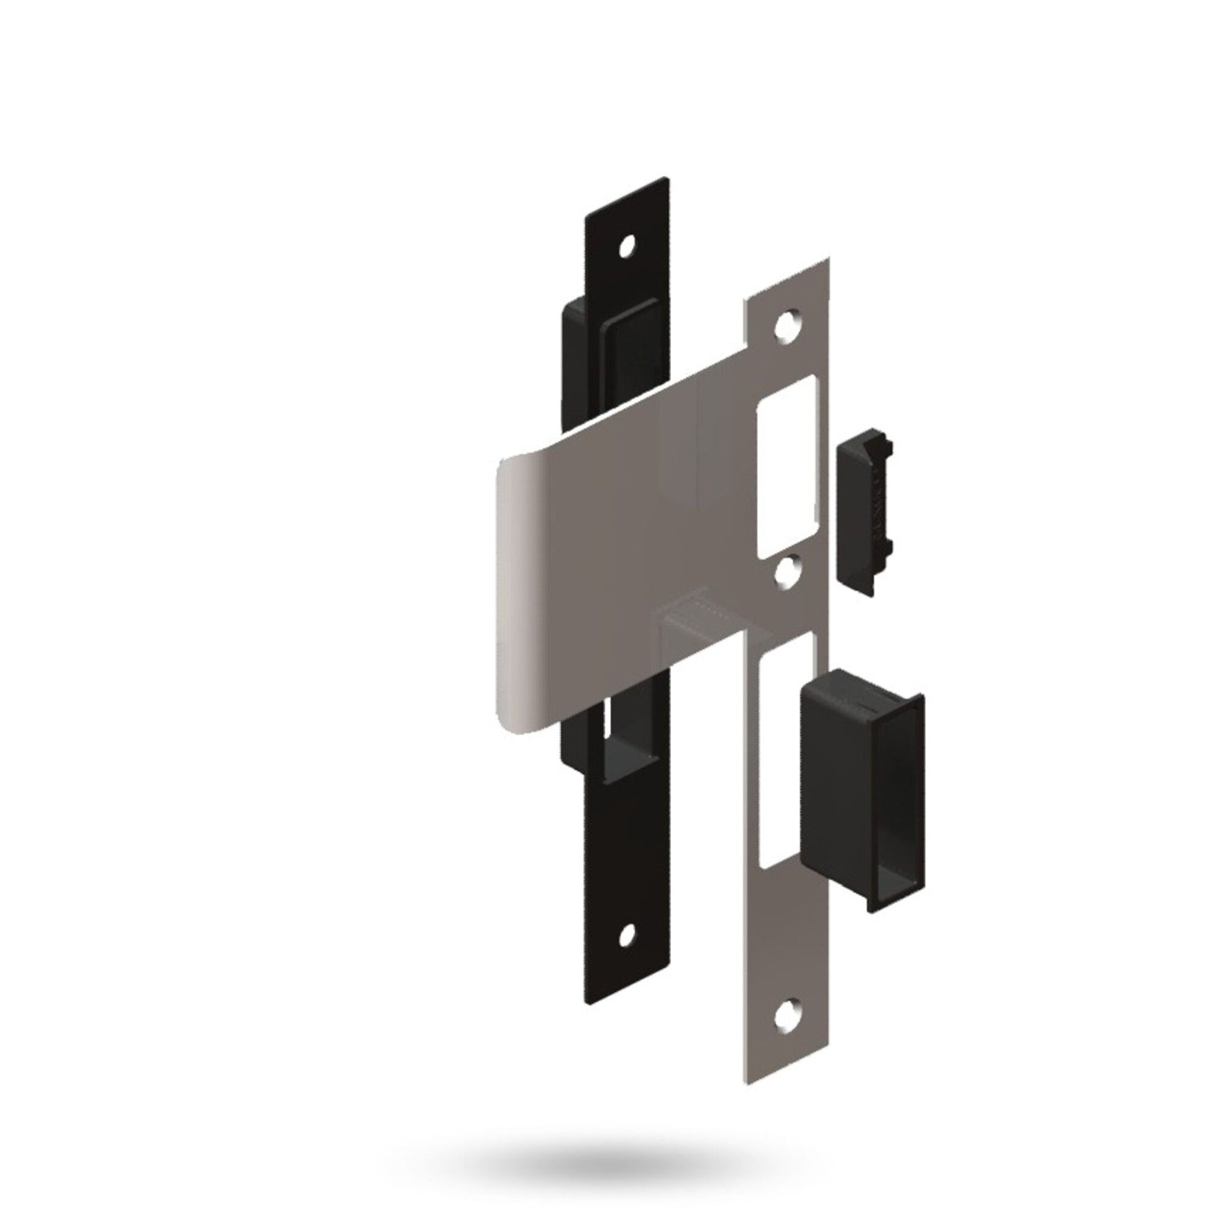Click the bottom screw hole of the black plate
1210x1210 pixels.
point(625,952)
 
